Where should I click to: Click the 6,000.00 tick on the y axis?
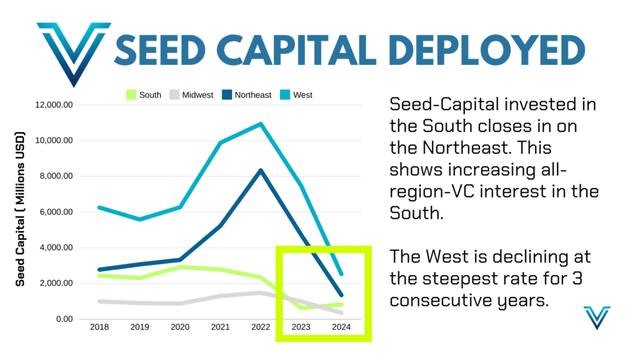coord(55,212)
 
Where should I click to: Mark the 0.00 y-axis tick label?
coord(64,319)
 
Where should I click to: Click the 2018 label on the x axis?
coord(99,327)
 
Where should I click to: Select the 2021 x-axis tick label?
coord(220,327)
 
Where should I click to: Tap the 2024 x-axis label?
coord(341,327)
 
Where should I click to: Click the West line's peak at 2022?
coord(261,124)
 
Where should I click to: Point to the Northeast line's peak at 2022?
coord(261,170)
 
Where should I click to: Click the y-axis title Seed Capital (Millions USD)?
coord(21,209)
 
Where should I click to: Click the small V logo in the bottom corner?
coord(596,317)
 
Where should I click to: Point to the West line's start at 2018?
coord(99,207)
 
